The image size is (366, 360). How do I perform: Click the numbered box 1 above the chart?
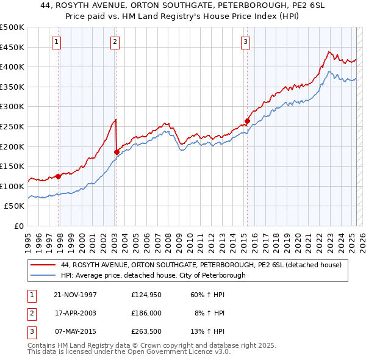tap(56, 42)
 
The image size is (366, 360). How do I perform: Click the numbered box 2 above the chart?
tap(115, 42)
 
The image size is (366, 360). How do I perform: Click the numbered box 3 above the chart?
tap(245, 42)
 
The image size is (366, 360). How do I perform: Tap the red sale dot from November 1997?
tap(59, 176)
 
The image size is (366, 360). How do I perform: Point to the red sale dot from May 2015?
tap(247, 121)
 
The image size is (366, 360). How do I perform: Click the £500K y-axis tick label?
tap(12, 27)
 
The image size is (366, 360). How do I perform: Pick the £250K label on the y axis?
tap(12, 127)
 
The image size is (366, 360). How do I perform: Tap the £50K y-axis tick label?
tap(15, 206)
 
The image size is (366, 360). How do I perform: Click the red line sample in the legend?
tap(43, 265)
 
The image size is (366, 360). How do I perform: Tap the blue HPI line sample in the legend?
tap(43, 275)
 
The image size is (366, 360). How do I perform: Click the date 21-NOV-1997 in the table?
tap(75, 295)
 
